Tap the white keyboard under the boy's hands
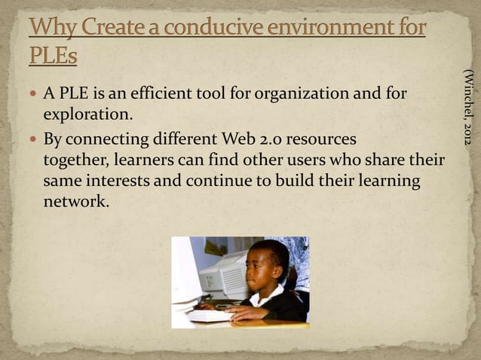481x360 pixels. (210, 316)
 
